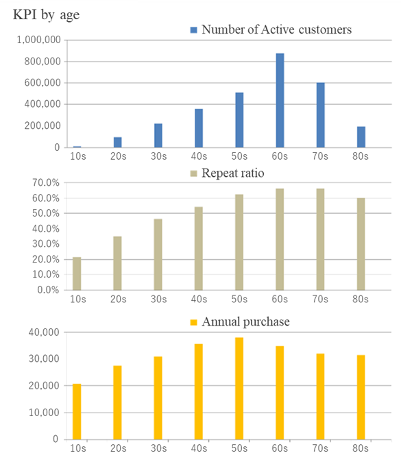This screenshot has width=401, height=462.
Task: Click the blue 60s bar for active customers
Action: tap(280, 100)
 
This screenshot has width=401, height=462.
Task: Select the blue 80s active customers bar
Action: tap(361, 137)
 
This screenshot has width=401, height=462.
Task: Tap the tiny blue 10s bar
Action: tap(77, 147)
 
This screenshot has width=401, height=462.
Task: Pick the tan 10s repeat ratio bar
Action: tap(77, 273)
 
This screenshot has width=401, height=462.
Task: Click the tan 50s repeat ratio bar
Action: tap(239, 242)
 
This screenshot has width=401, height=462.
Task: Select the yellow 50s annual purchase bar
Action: tap(239, 389)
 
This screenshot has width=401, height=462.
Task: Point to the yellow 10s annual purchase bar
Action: tap(77, 411)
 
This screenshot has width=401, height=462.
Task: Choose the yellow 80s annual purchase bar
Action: tap(361, 397)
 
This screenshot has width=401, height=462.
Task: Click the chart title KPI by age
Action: tap(46, 14)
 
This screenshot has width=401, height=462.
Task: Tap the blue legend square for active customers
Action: tap(193, 29)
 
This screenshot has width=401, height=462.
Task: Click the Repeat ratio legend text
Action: tap(233, 173)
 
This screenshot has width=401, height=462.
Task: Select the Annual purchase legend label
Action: tap(245, 321)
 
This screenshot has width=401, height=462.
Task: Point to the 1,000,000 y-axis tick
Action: tap(38, 40)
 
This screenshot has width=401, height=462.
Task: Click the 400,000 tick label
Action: tap(42, 104)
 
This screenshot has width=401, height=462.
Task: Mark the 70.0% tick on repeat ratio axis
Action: tap(46, 183)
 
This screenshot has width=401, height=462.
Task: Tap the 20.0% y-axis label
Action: tap(46, 259)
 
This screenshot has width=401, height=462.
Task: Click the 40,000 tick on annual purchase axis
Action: tap(44, 332)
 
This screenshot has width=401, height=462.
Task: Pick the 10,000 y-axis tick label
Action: tap(44, 413)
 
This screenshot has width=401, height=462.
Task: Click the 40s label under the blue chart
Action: tap(199, 156)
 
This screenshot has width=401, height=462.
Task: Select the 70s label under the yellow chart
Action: tap(320, 448)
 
